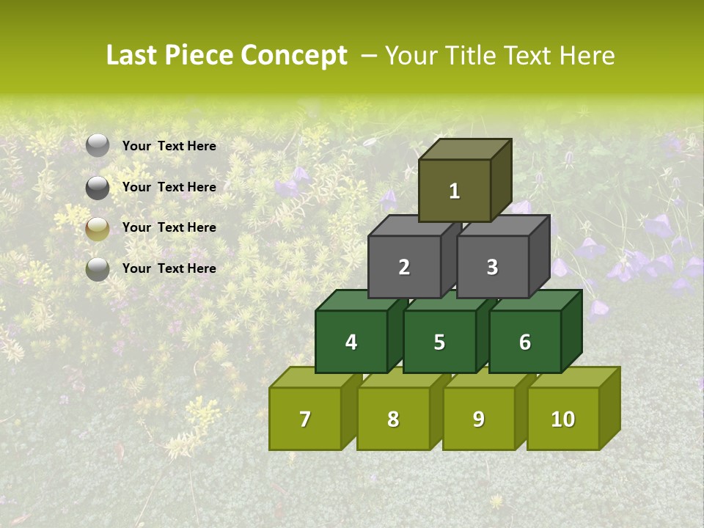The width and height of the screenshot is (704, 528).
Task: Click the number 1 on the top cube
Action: (x=455, y=191)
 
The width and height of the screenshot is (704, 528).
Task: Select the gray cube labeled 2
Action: (x=404, y=267)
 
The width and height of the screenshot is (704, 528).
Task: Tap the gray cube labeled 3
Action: (x=492, y=267)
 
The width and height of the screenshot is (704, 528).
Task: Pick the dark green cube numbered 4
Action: (x=351, y=342)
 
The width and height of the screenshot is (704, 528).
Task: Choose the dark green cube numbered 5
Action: (x=439, y=342)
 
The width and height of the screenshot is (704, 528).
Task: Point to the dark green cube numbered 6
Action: (x=524, y=342)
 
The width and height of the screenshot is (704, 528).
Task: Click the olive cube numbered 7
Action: (x=305, y=419)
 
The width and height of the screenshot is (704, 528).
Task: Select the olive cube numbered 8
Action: (x=393, y=419)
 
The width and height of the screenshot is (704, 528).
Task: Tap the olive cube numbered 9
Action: (x=478, y=419)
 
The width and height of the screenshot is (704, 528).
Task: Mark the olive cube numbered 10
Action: (x=562, y=419)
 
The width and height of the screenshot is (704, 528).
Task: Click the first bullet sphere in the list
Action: (x=98, y=146)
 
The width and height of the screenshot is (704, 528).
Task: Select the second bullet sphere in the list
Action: (x=98, y=188)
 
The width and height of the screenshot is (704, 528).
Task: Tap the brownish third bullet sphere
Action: (x=98, y=229)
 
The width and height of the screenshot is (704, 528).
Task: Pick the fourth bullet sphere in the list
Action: (x=98, y=269)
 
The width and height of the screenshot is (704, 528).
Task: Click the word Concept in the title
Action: (x=293, y=56)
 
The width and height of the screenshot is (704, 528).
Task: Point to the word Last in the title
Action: (x=131, y=56)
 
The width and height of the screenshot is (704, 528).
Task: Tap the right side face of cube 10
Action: (x=609, y=408)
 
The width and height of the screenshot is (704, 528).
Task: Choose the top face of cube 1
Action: (x=464, y=149)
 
